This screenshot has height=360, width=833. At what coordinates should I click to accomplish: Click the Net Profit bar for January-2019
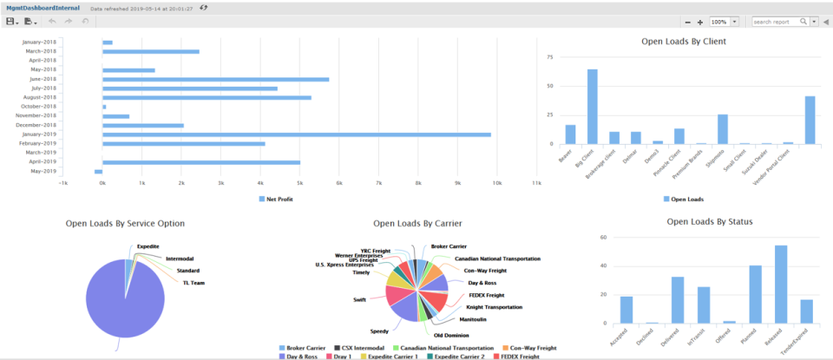tap(295, 134)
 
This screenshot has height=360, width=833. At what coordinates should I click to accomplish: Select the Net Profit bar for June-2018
tap(215, 79)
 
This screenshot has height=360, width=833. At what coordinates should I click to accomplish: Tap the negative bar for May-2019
tap(98, 172)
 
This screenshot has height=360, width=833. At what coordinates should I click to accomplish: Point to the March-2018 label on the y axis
tap(38, 51)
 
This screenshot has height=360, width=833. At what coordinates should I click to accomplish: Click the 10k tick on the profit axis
tap(497, 184)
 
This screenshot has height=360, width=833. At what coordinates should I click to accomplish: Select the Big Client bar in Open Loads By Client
tap(592, 106)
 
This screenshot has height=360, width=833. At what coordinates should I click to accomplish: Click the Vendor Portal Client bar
tap(810, 120)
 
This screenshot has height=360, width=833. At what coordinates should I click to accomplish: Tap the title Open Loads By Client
tap(683, 41)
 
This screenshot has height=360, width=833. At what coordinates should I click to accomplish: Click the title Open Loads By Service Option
tap(125, 223)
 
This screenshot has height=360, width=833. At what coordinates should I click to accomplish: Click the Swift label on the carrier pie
tap(358, 299)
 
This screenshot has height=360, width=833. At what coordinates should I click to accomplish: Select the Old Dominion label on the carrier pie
tap(450, 333)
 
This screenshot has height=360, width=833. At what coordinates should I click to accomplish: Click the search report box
tap(776, 22)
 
